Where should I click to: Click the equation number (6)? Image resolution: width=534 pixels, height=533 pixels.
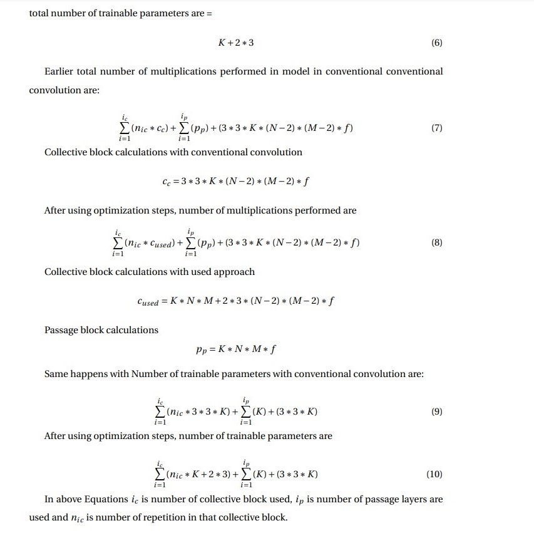(x=437, y=43)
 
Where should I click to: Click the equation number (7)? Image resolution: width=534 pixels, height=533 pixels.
(x=437, y=128)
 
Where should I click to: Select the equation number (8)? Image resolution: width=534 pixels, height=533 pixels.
(x=437, y=242)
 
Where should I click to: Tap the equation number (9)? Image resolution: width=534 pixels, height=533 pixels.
(x=437, y=411)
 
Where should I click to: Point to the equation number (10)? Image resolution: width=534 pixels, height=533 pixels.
(x=434, y=474)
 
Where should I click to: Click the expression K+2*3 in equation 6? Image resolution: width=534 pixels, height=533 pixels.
(x=236, y=43)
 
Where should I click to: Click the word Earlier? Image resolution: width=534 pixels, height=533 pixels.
(x=61, y=71)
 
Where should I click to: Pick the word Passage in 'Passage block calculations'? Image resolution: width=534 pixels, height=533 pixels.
(x=61, y=330)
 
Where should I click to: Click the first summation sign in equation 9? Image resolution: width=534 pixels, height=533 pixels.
(x=161, y=411)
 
